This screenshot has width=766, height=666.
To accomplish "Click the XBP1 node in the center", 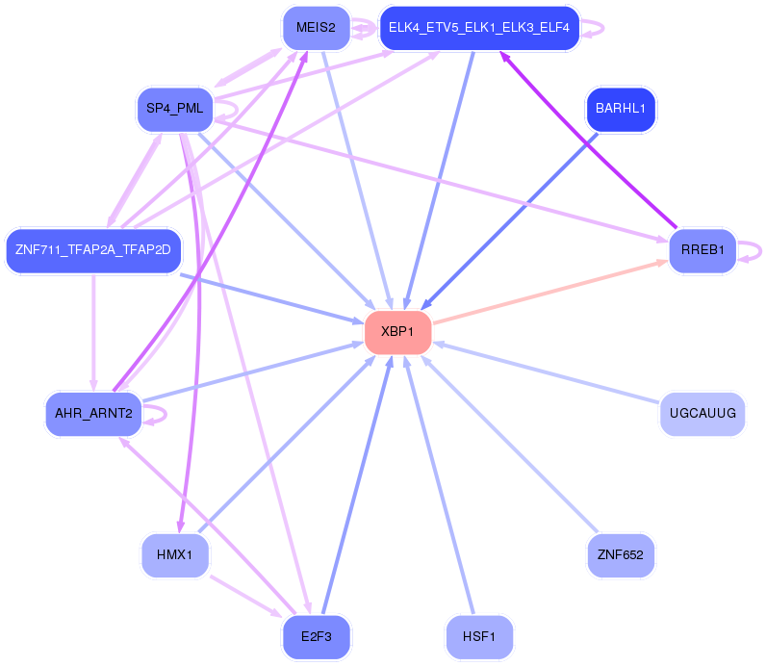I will point(397,331).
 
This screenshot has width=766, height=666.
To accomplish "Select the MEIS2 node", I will point(316,27).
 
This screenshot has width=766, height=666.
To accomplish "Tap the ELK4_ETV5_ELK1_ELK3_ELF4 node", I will point(478,28).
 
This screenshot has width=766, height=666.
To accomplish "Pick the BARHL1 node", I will point(621,109).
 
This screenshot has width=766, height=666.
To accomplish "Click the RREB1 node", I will point(702,250).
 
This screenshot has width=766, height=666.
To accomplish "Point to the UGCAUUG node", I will point(702,414).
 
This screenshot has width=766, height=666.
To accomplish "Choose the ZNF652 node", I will point(621,554).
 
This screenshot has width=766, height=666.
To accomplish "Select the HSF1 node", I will point(479,636).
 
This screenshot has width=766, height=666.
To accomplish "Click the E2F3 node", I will point(317,636).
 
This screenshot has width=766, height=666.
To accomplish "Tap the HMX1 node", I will point(175,554).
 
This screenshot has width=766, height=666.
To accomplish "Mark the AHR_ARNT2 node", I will point(93,414).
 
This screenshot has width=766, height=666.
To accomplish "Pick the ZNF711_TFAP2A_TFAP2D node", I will point(93,250).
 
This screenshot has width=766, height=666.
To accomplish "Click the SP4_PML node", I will point(175,109).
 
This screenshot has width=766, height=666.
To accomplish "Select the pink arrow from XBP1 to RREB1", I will point(549,292).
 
